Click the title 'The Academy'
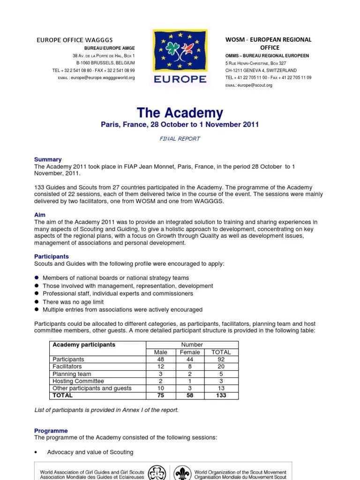point(180,113)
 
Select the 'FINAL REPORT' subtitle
point(180,139)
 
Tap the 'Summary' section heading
point(48,160)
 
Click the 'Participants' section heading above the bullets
point(52,256)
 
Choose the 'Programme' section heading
point(51,431)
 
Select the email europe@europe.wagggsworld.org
point(103,77)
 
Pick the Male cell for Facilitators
point(160,367)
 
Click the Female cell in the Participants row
point(190,359)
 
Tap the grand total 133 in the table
point(221,395)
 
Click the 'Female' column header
point(190,352)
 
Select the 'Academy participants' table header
point(84,345)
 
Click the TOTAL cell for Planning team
point(221,374)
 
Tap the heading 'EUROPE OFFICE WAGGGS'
point(75,40)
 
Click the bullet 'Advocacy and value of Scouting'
point(90,452)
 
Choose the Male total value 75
point(160,395)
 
